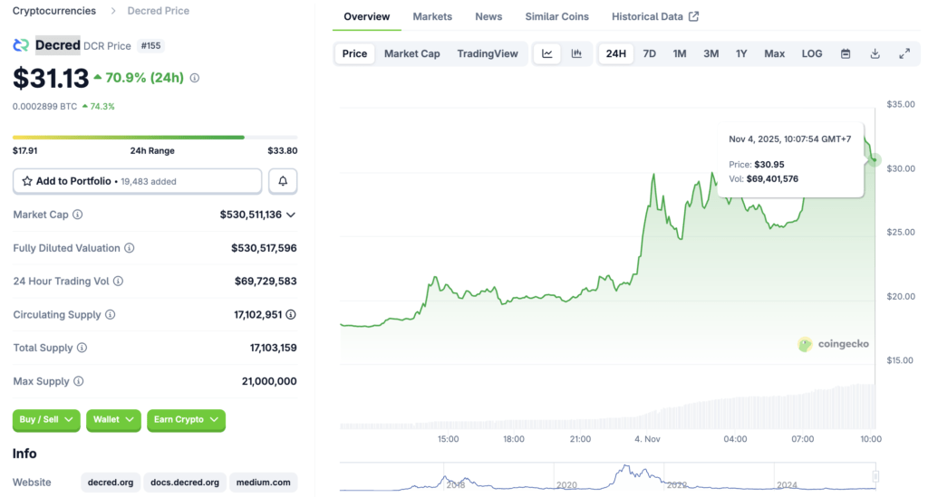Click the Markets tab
click(432, 16)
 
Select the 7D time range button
click(649, 53)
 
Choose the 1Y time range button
click(740, 53)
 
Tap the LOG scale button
click(812, 53)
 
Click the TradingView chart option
click(488, 53)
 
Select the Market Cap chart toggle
click(411, 53)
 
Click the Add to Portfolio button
click(137, 181)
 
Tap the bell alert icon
click(283, 181)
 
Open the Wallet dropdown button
click(113, 420)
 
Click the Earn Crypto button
click(186, 420)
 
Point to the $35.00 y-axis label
click(901, 104)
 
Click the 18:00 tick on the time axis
click(514, 439)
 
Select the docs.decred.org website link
click(186, 483)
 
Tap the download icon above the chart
click(875, 53)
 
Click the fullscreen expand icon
click(904, 53)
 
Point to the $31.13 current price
click(51, 78)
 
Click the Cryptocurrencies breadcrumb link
click(53, 11)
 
